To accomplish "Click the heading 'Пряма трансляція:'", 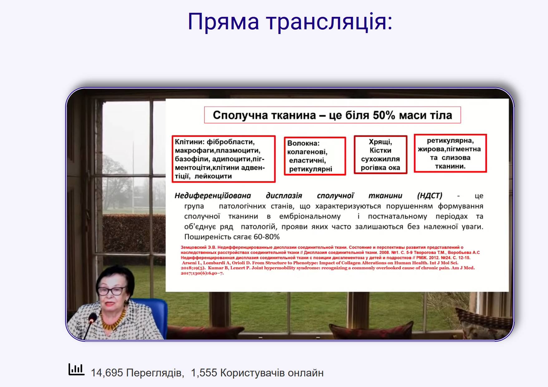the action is pos(290,22).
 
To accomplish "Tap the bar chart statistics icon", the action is pos(76,370).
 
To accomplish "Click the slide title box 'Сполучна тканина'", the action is pos(332,115).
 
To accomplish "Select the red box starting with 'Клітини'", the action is pos(224,159).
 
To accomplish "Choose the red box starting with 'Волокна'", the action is pos(315,156).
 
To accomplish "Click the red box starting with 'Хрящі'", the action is pos(381,155).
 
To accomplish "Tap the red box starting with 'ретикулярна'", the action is pos(450,153).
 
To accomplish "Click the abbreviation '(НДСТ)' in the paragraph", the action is pos(429,196).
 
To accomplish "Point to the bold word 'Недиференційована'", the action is pos(213,196).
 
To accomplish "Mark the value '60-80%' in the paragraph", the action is pos(267,237).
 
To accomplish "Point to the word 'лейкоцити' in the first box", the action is pos(213,176).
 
